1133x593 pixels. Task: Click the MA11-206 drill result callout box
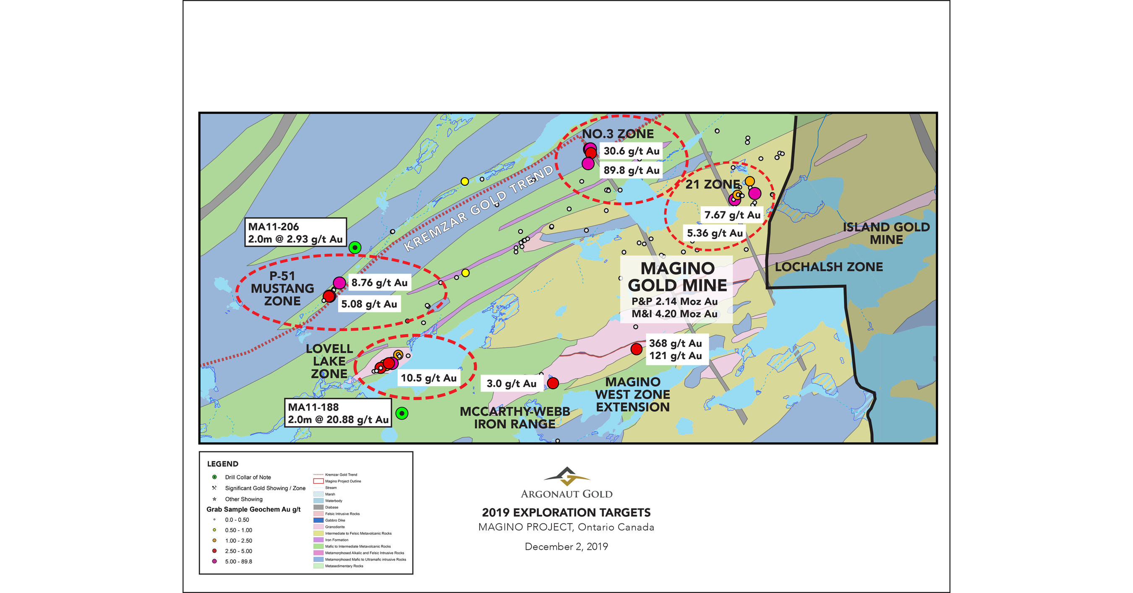click(x=295, y=232)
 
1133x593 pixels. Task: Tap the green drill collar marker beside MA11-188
click(x=402, y=413)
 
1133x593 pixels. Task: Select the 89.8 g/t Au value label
click(x=631, y=171)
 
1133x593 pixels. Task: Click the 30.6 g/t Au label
click(x=631, y=151)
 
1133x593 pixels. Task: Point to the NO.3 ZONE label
click(x=618, y=134)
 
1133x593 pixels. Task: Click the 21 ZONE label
click(x=712, y=184)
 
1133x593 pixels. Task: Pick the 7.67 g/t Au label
click(x=732, y=215)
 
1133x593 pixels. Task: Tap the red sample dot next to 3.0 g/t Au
click(x=553, y=383)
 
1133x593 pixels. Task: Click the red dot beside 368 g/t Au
click(x=636, y=349)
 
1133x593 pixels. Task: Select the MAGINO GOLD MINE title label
click(x=677, y=277)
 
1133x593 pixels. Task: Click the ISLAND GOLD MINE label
click(x=886, y=234)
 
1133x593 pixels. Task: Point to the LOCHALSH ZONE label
click(x=829, y=267)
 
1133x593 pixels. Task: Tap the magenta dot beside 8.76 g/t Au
click(x=339, y=283)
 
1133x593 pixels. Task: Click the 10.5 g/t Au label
click(x=428, y=378)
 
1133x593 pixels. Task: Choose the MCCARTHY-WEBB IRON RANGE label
click(x=514, y=418)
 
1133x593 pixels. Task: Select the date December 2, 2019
click(x=566, y=546)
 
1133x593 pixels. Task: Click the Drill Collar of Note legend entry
click(x=248, y=477)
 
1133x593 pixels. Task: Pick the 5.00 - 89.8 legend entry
click(x=238, y=562)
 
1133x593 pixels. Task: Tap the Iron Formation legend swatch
click(x=318, y=540)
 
